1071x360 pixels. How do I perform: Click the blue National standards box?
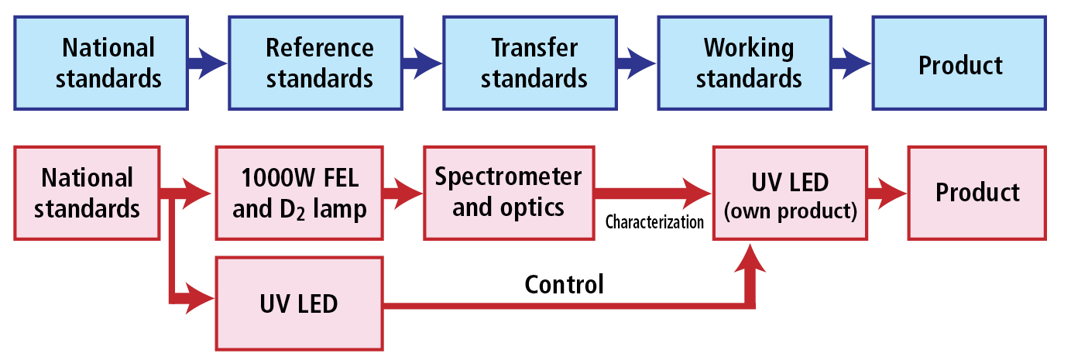point(101,63)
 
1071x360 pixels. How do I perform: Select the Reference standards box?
point(315,63)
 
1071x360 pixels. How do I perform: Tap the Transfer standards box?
point(530,63)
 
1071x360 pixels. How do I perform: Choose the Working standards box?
point(745,63)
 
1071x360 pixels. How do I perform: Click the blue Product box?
point(959,63)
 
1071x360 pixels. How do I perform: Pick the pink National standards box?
point(87,193)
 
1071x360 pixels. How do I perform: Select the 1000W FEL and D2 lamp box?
point(299,193)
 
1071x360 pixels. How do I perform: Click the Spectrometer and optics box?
point(510,193)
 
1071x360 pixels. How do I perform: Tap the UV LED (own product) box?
point(791,193)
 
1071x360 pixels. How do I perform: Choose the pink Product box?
point(977,193)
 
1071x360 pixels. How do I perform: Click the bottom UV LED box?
point(299,304)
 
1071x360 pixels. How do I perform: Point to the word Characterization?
point(654,222)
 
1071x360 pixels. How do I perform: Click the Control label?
point(565,284)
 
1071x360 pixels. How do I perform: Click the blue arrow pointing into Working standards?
point(637,63)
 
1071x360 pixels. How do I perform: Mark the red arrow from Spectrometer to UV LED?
point(653,193)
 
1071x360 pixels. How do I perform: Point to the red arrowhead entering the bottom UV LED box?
point(200,299)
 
